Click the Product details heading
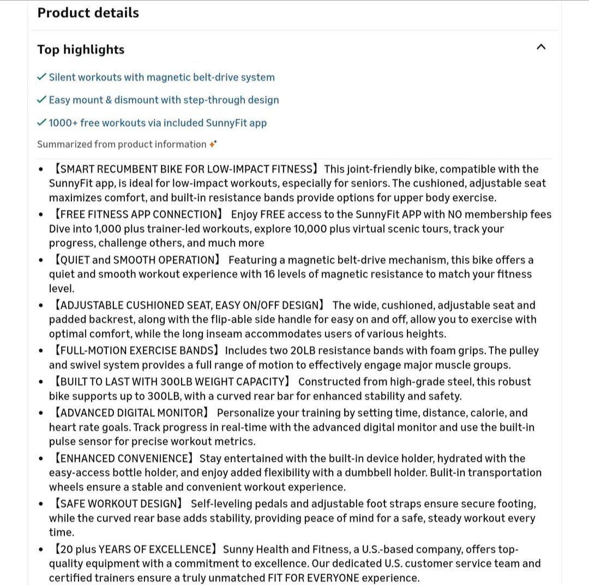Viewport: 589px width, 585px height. pyautogui.click(x=88, y=13)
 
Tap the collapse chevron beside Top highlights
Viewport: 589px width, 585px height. pyautogui.click(x=541, y=47)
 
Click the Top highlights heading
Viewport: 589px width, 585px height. pyautogui.click(x=81, y=50)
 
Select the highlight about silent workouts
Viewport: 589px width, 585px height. pyautogui.click(x=161, y=77)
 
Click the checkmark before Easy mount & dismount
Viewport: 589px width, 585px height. pyautogui.click(x=41, y=100)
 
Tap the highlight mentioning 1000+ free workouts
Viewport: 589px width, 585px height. pyautogui.click(x=158, y=123)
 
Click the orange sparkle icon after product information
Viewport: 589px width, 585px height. pyautogui.click(x=213, y=144)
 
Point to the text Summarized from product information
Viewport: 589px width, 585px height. pyautogui.click(x=122, y=144)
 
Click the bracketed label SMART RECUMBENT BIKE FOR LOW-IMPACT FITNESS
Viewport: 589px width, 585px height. pyautogui.click(x=185, y=169)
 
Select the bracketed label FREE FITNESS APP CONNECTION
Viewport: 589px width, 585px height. pyautogui.click(x=139, y=214)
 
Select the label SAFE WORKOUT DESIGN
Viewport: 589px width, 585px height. pyautogui.click(x=118, y=504)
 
